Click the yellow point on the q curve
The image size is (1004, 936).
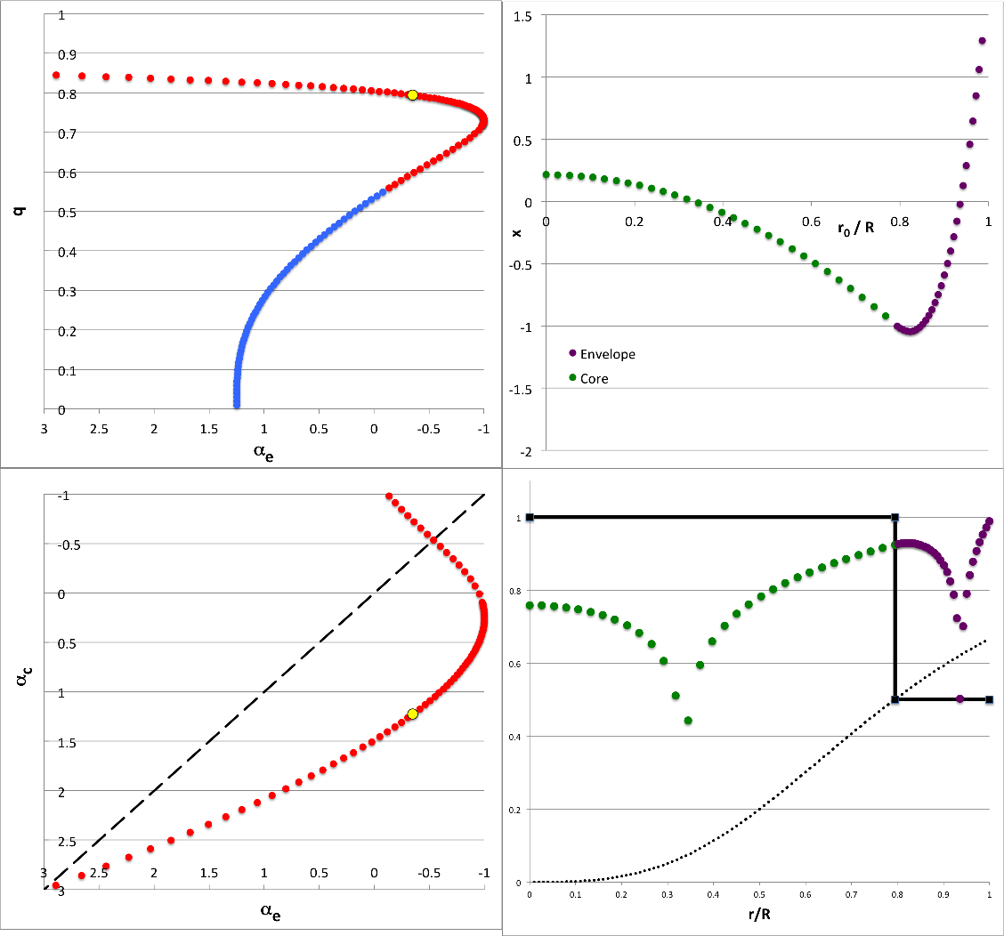pyautogui.click(x=412, y=94)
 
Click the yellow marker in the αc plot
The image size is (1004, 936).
pyautogui.click(x=412, y=714)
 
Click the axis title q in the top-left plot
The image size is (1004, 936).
pyautogui.click(x=20, y=212)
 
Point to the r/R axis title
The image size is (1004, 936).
pyautogui.click(x=758, y=914)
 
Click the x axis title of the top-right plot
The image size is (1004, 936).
pyautogui.click(x=515, y=232)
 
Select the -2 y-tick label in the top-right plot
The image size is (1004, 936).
pyautogui.click(x=527, y=452)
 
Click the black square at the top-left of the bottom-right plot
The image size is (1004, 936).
pyautogui.click(x=530, y=517)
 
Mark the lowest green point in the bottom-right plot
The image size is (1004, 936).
pyautogui.click(x=688, y=721)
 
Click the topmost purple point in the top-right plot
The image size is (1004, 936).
pyautogui.click(x=983, y=40)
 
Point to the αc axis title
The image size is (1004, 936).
pyautogui.click(x=20, y=690)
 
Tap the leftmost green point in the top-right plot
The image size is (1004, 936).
pyautogui.click(x=547, y=174)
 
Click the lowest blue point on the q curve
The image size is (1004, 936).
pyautogui.click(x=237, y=406)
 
